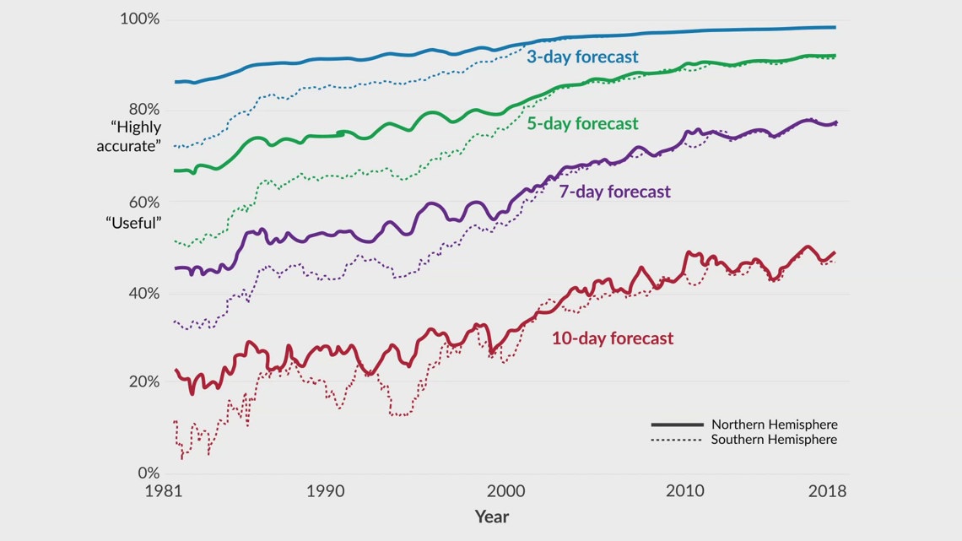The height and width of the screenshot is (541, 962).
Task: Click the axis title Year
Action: (491, 516)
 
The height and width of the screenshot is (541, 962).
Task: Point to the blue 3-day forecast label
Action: (582, 57)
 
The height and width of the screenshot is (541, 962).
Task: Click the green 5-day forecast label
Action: (582, 123)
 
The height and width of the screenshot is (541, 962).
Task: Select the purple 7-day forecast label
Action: (614, 192)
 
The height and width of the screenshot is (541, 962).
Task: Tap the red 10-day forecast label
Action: (613, 338)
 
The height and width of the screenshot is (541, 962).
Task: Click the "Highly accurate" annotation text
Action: (135, 136)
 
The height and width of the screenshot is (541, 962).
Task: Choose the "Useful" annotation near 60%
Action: (133, 223)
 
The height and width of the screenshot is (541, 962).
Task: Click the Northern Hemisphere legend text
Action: (774, 425)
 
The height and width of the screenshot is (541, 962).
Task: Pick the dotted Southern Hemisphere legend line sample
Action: (677, 440)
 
